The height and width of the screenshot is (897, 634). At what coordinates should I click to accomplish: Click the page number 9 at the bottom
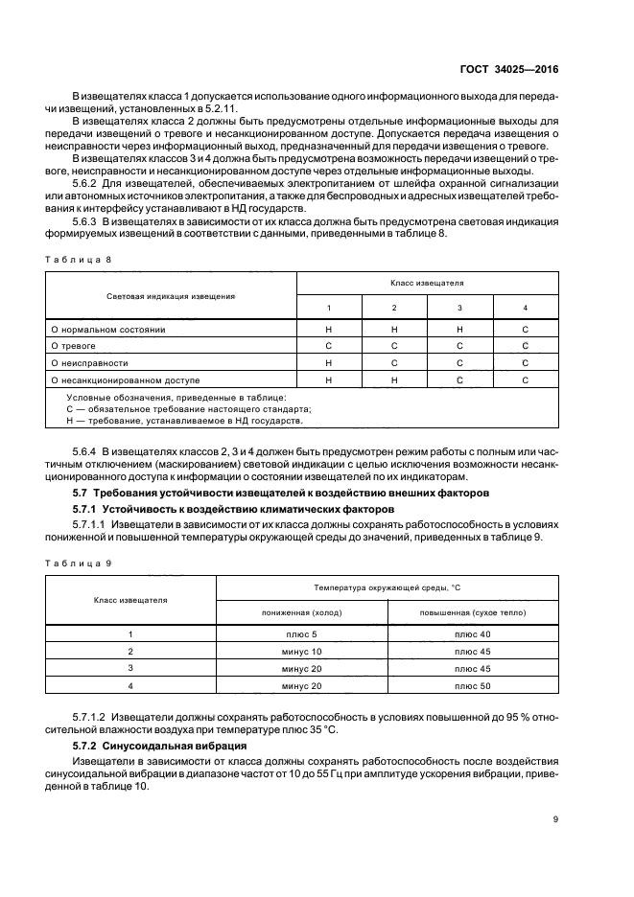pos(556,818)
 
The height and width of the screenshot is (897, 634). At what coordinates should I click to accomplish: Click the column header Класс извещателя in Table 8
pos(427,284)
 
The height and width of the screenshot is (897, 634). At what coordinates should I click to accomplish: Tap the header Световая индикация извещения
pos(172,296)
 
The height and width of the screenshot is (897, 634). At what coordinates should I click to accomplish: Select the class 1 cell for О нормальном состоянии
pos(328,329)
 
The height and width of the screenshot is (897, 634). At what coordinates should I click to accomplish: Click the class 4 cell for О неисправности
pos(525,363)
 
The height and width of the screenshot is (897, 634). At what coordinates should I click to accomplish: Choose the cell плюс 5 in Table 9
pos(301,634)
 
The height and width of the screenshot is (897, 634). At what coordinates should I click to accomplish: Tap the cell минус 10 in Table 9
pos(301,652)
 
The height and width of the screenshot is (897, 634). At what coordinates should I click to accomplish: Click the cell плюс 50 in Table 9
pos(473,686)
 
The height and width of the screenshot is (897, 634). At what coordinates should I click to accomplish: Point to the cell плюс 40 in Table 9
pos(473,634)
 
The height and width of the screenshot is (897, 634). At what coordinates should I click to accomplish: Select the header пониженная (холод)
pos(301,611)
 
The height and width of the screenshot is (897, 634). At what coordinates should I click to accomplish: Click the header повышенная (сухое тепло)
pos(473,611)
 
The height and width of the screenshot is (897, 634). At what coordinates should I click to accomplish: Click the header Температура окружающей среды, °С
pos(387,586)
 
